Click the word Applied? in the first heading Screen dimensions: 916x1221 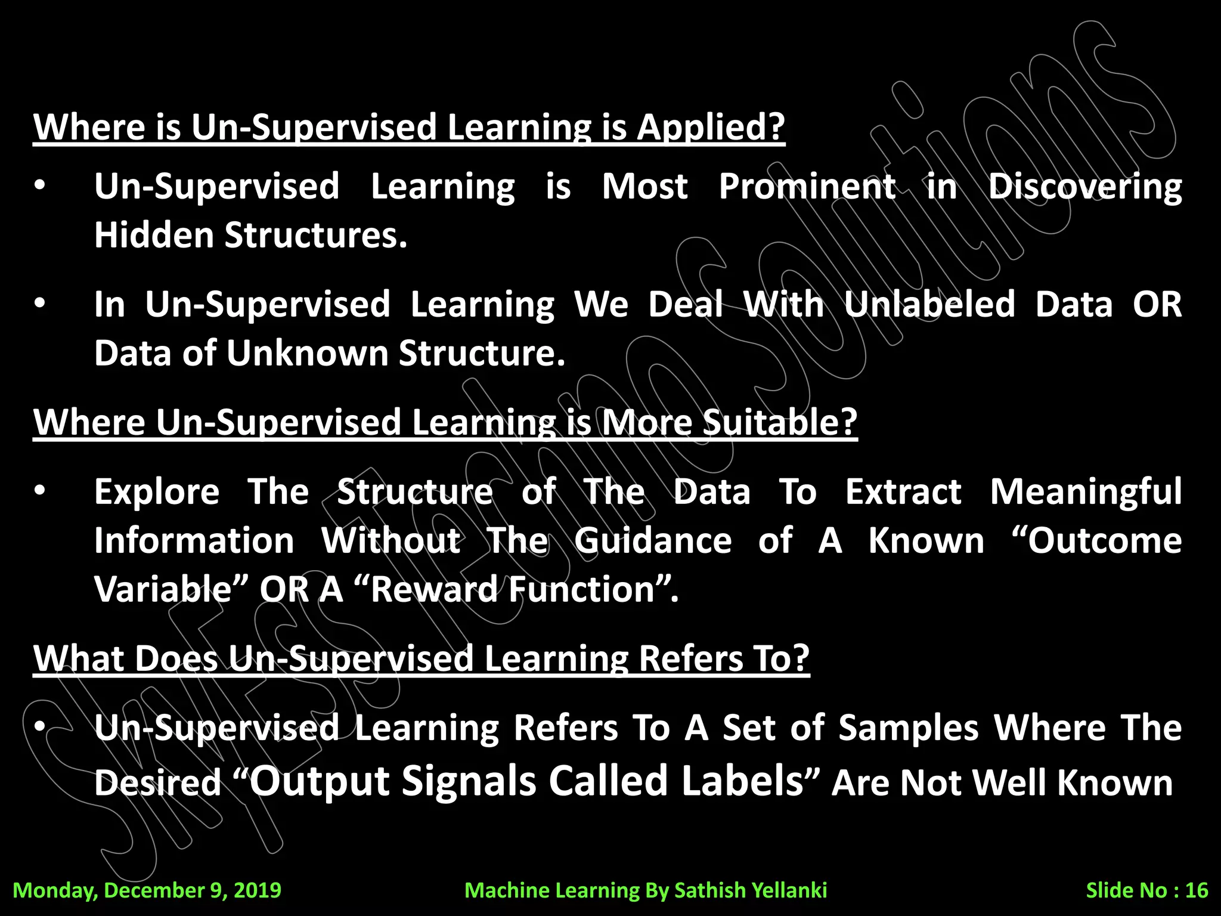pos(711,127)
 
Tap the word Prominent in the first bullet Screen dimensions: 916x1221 pos(807,187)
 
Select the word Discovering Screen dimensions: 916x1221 pos(1085,187)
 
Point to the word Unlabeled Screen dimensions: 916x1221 pos(929,304)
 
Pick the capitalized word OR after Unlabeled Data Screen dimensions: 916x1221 pos(1157,304)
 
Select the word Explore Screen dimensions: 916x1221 pos(157,493)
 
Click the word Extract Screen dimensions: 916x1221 pos(903,493)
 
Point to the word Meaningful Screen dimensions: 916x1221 pos(1086,493)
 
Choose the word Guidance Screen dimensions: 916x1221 pos(653,541)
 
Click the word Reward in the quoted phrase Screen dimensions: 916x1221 pos(433,590)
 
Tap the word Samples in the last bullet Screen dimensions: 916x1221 pos(909,728)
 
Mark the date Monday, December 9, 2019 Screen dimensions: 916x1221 pos(147,890)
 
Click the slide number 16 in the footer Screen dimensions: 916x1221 pos(1196,890)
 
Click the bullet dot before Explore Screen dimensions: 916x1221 pos(39,491)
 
